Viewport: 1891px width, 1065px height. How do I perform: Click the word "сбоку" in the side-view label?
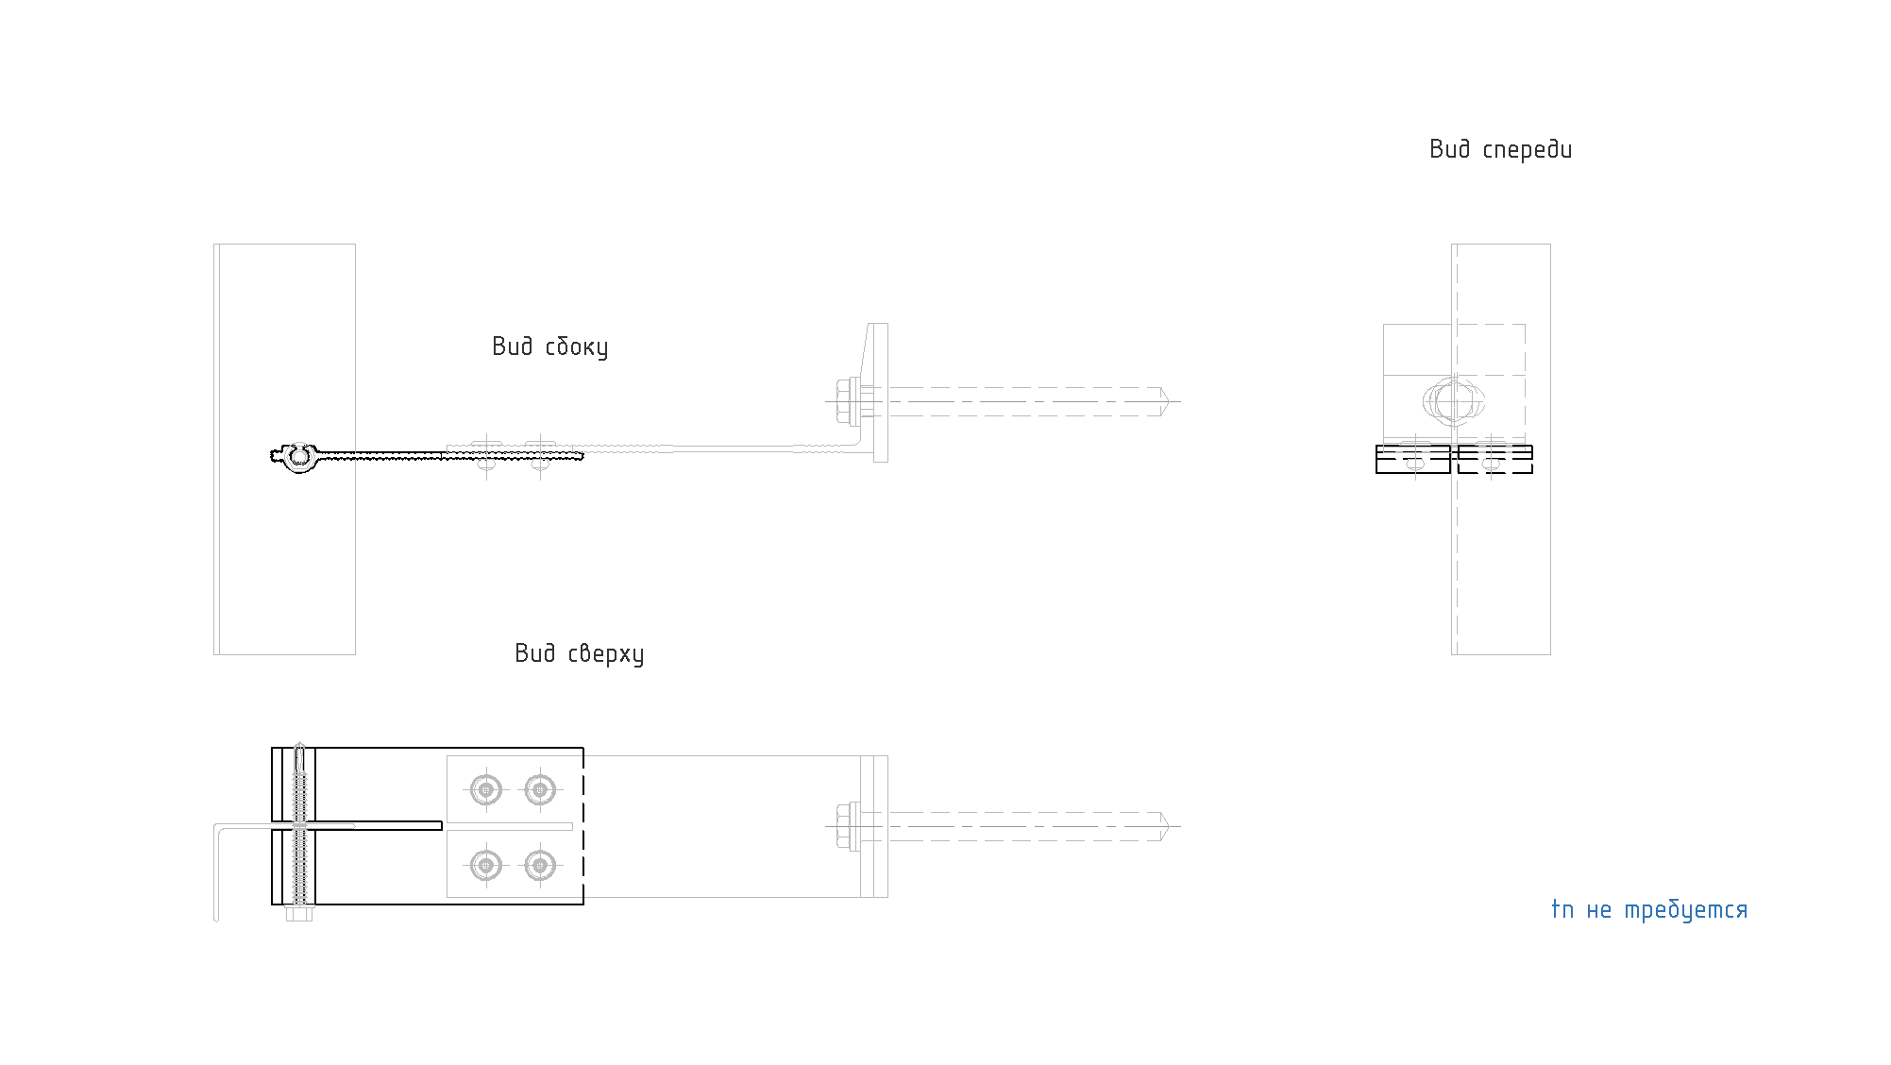[x=577, y=347]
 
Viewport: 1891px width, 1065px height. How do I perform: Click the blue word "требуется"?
[x=1686, y=910]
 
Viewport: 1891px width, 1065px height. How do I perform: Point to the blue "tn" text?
[x=1562, y=909]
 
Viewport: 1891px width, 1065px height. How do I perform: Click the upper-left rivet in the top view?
[x=486, y=788]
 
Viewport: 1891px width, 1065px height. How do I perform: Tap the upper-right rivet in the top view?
[x=539, y=788]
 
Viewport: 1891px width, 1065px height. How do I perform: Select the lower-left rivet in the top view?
[x=486, y=864]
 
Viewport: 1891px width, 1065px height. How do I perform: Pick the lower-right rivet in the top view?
[x=539, y=864]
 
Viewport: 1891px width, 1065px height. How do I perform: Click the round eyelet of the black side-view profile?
[x=298, y=457]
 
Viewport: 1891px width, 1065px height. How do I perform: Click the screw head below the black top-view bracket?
[x=298, y=914]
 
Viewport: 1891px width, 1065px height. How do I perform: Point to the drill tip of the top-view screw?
[x=299, y=752]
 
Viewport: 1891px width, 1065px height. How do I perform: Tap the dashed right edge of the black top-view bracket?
[x=583, y=826]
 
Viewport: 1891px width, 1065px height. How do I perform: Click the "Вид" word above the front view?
[x=1450, y=149]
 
